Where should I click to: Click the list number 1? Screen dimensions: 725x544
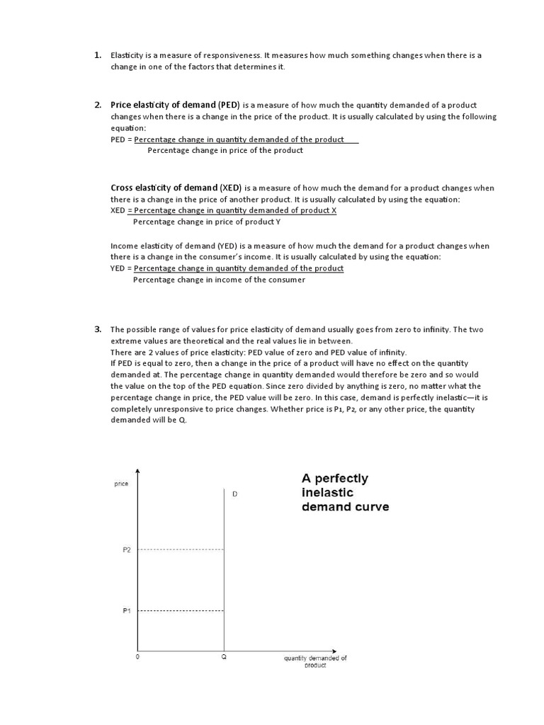(x=97, y=55)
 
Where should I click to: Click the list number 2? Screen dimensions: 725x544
(x=97, y=105)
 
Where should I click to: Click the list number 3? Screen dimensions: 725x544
(x=97, y=329)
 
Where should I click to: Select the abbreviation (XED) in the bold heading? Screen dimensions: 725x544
(x=231, y=188)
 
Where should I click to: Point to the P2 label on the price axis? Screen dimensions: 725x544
(x=127, y=550)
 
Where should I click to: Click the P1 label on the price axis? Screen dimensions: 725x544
(x=127, y=610)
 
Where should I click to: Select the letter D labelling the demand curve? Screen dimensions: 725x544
(x=234, y=494)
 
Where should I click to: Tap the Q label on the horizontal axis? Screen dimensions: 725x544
(x=224, y=658)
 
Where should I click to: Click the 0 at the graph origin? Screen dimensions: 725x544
(x=138, y=658)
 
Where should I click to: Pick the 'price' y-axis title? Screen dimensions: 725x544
(x=121, y=484)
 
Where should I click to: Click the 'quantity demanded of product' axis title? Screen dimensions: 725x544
(x=315, y=661)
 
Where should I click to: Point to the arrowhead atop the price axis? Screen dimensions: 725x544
(x=137, y=472)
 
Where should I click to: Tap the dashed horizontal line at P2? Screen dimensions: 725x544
(x=181, y=550)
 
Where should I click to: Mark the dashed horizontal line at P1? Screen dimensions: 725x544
(x=181, y=610)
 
